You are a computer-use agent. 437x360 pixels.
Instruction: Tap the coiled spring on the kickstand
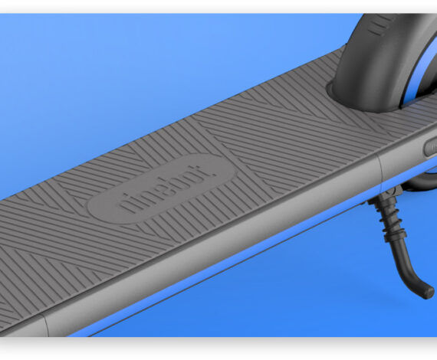click(390, 219)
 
